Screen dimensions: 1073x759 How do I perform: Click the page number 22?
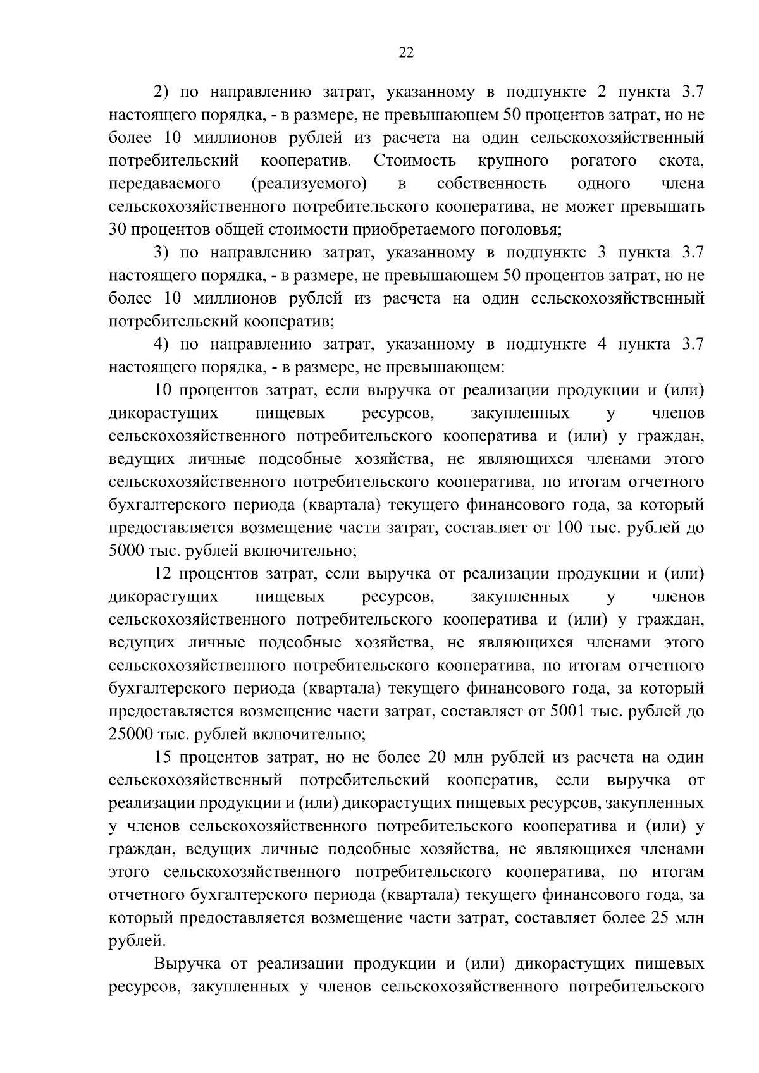(x=406, y=54)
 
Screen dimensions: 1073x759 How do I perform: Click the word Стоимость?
(x=414, y=161)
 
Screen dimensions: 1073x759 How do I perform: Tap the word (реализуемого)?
(x=309, y=184)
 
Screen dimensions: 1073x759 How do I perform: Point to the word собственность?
(x=491, y=184)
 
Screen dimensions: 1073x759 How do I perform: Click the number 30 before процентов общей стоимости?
(x=118, y=230)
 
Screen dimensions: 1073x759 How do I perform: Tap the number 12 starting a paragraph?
(x=164, y=573)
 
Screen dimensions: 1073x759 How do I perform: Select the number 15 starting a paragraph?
(x=164, y=757)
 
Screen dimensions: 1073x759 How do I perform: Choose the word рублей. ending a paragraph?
(x=137, y=941)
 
